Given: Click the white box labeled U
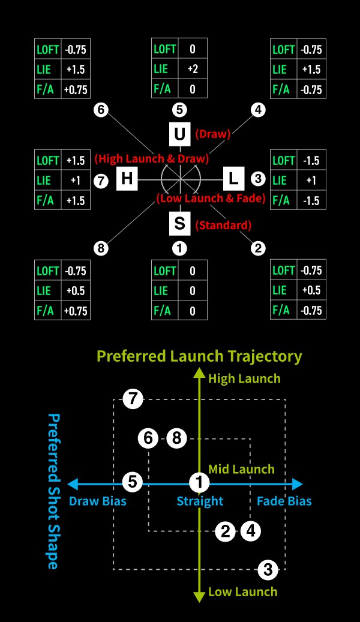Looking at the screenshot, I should pyautogui.click(x=179, y=134).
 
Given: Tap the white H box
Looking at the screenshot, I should pyautogui.click(x=127, y=178).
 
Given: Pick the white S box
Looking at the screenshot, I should pyautogui.click(x=179, y=224).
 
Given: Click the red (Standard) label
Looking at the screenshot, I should pyautogui.click(x=223, y=226).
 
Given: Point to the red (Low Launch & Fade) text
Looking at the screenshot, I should pyautogui.click(x=211, y=199).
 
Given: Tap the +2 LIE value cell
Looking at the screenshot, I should pyautogui.click(x=193, y=69).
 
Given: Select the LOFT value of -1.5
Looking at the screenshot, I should pyautogui.click(x=311, y=161).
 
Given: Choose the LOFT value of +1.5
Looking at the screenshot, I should pyautogui.click(x=76, y=161).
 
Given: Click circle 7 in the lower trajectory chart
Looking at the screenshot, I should pyautogui.click(x=133, y=398).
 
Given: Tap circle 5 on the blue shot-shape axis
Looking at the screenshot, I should pyautogui.click(x=133, y=482).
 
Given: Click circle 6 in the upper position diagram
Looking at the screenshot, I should pyautogui.click(x=101, y=110).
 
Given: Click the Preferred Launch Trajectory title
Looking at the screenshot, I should pyautogui.click(x=199, y=356).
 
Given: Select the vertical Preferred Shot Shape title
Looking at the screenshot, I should pyautogui.click(x=53, y=491).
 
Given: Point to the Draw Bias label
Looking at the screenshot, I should pyautogui.click(x=98, y=501).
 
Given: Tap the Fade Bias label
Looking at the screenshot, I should pyautogui.click(x=284, y=501).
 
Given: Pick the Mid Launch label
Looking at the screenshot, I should pyautogui.click(x=241, y=469).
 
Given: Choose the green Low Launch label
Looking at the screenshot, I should pyautogui.click(x=242, y=592).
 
